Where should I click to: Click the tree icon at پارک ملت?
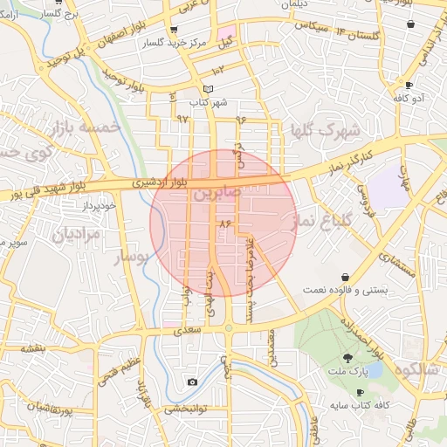pos(348,357)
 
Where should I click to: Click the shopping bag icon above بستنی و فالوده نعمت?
pos(346,276)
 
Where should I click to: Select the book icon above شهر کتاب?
pos(207,89)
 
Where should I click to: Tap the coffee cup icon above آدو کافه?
pos(409,86)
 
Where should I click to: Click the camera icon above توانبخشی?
pos(192,382)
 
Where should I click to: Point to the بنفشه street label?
pos(34,348)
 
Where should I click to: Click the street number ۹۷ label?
pos(182,117)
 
